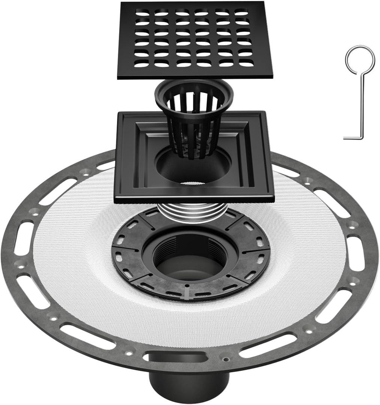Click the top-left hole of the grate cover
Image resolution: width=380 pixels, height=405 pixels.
(142, 13)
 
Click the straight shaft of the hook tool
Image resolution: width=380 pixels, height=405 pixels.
(362, 105)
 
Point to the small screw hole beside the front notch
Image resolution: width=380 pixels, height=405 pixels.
(226, 359)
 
